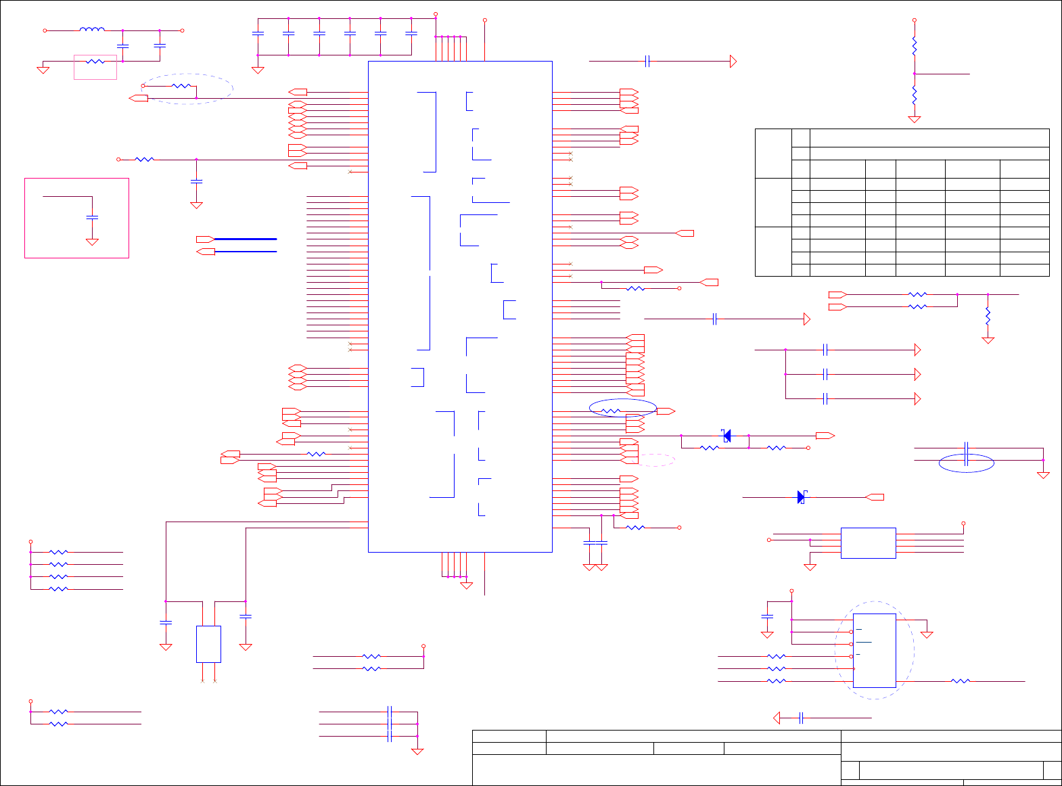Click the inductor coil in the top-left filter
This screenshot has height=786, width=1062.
92,30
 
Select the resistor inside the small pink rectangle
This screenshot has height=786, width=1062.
95,62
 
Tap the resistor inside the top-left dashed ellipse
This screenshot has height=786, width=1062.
181,86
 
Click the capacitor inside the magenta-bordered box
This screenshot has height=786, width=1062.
93,217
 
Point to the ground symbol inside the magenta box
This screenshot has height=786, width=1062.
93,241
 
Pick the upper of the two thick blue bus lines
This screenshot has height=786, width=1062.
246,239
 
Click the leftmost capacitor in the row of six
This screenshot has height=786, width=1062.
258,32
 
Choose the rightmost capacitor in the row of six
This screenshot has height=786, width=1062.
411,32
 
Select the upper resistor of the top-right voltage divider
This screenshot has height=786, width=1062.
915,47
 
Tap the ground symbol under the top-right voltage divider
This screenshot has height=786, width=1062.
915,119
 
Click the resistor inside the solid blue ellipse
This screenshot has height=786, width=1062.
611,411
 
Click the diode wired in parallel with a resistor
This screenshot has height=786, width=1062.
726,436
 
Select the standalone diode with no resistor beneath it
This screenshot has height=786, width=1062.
802,497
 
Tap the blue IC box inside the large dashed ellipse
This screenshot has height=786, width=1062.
874,650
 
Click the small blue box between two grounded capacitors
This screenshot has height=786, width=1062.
208,644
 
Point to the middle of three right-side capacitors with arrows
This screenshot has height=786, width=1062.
825,374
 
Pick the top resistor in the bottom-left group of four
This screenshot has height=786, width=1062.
59,552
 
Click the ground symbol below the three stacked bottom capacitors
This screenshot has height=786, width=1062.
417,752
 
